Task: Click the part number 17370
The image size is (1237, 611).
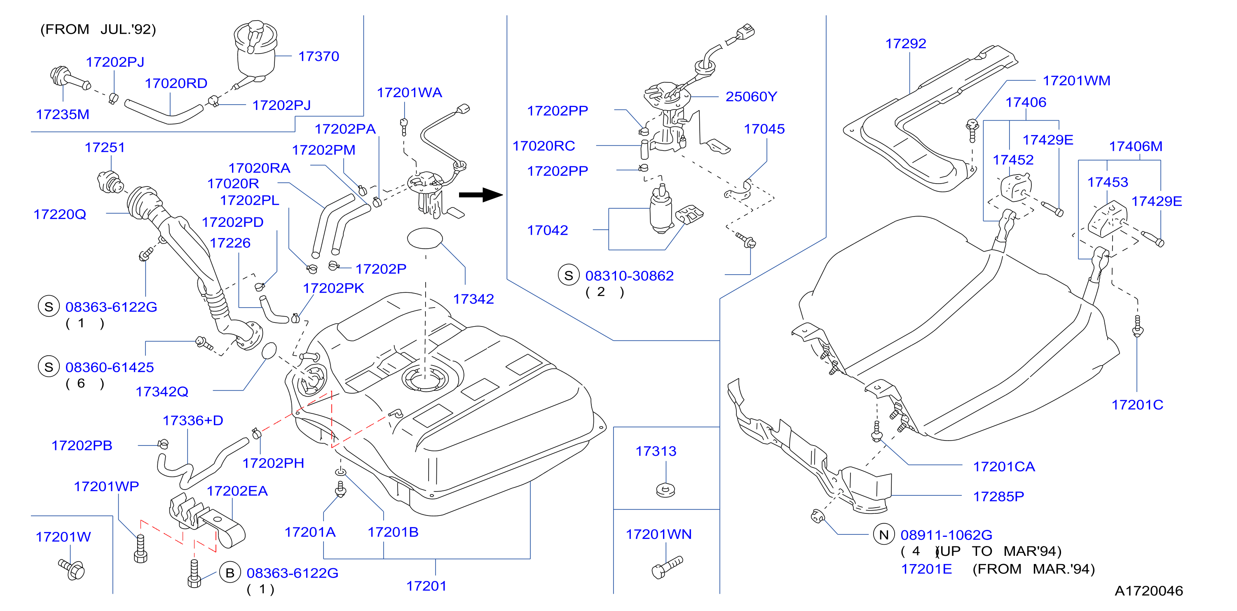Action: pos(319,56)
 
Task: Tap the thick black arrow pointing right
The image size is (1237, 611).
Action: pos(481,194)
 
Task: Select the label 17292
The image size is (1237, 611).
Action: pos(906,44)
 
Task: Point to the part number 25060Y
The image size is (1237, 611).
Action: pos(751,96)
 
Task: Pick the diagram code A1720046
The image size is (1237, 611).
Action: pos(1149,590)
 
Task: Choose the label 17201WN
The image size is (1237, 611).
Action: pos(658,534)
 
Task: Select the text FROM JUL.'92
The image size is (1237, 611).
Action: pos(98,29)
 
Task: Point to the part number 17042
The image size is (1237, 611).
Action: pos(548,231)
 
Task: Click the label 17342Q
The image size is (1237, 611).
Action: pos(162,392)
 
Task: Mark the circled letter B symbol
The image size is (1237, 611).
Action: pos(230,573)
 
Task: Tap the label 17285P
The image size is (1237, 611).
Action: pos(998,496)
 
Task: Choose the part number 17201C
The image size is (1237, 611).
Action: pos(1137,405)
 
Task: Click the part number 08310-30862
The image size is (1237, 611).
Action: pos(629,275)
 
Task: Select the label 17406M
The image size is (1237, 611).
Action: pos(1136,147)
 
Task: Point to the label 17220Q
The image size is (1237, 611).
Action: pos(60,214)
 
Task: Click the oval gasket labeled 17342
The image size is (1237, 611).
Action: pos(425,238)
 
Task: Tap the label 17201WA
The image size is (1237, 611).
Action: pos(409,93)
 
